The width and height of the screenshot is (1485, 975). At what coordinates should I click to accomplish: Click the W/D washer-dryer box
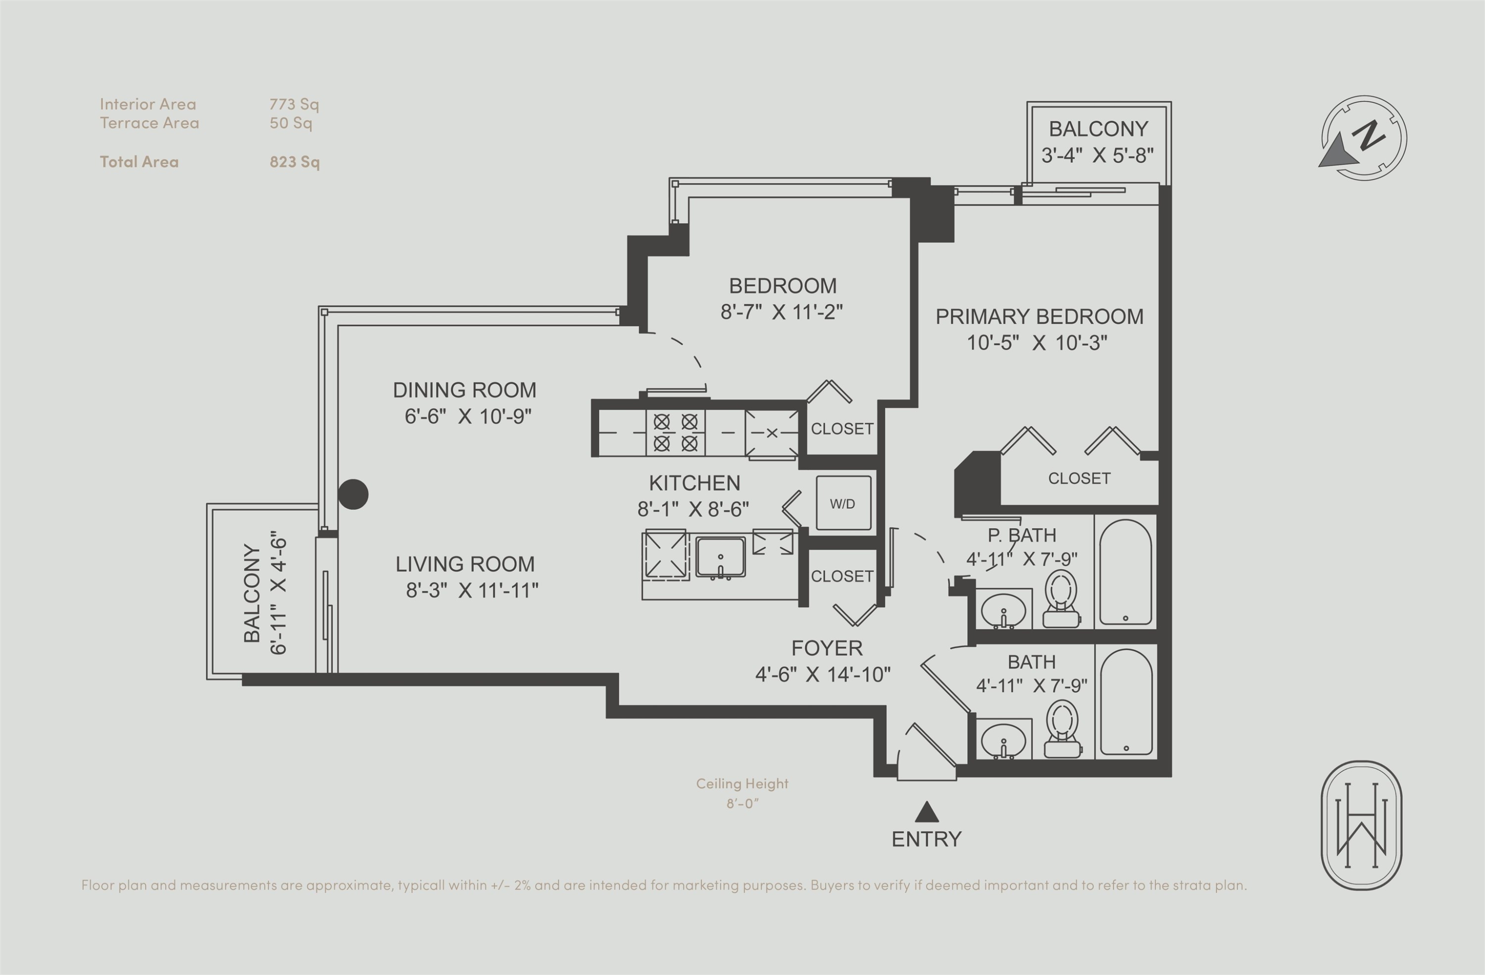(843, 503)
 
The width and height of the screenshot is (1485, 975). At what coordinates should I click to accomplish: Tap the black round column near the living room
(353, 494)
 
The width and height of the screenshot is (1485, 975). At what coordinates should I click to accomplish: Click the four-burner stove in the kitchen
(675, 432)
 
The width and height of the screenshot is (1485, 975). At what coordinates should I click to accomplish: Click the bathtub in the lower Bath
(1126, 702)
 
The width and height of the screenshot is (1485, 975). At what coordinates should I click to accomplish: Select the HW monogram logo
(1361, 825)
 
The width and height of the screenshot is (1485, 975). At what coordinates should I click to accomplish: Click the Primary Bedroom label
(1039, 316)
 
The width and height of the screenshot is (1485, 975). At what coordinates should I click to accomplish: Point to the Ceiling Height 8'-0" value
(742, 803)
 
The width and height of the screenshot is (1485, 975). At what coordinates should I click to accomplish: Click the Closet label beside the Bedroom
(841, 429)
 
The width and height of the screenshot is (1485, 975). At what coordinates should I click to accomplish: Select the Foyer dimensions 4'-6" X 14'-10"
(822, 674)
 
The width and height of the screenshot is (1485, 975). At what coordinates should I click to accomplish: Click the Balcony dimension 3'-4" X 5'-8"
(1097, 155)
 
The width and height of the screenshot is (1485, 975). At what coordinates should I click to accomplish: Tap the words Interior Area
(148, 104)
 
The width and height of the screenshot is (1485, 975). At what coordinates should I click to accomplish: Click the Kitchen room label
(694, 483)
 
